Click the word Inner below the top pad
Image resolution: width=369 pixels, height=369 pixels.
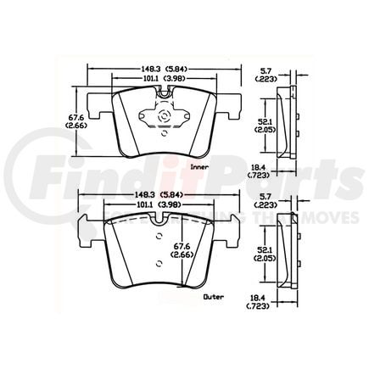tap(200, 168)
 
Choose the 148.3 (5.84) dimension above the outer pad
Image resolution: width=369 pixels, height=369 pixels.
tap(152, 196)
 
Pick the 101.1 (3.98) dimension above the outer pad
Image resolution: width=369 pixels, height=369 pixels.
tap(152, 206)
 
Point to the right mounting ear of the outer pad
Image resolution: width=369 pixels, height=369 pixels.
tap(226, 231)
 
